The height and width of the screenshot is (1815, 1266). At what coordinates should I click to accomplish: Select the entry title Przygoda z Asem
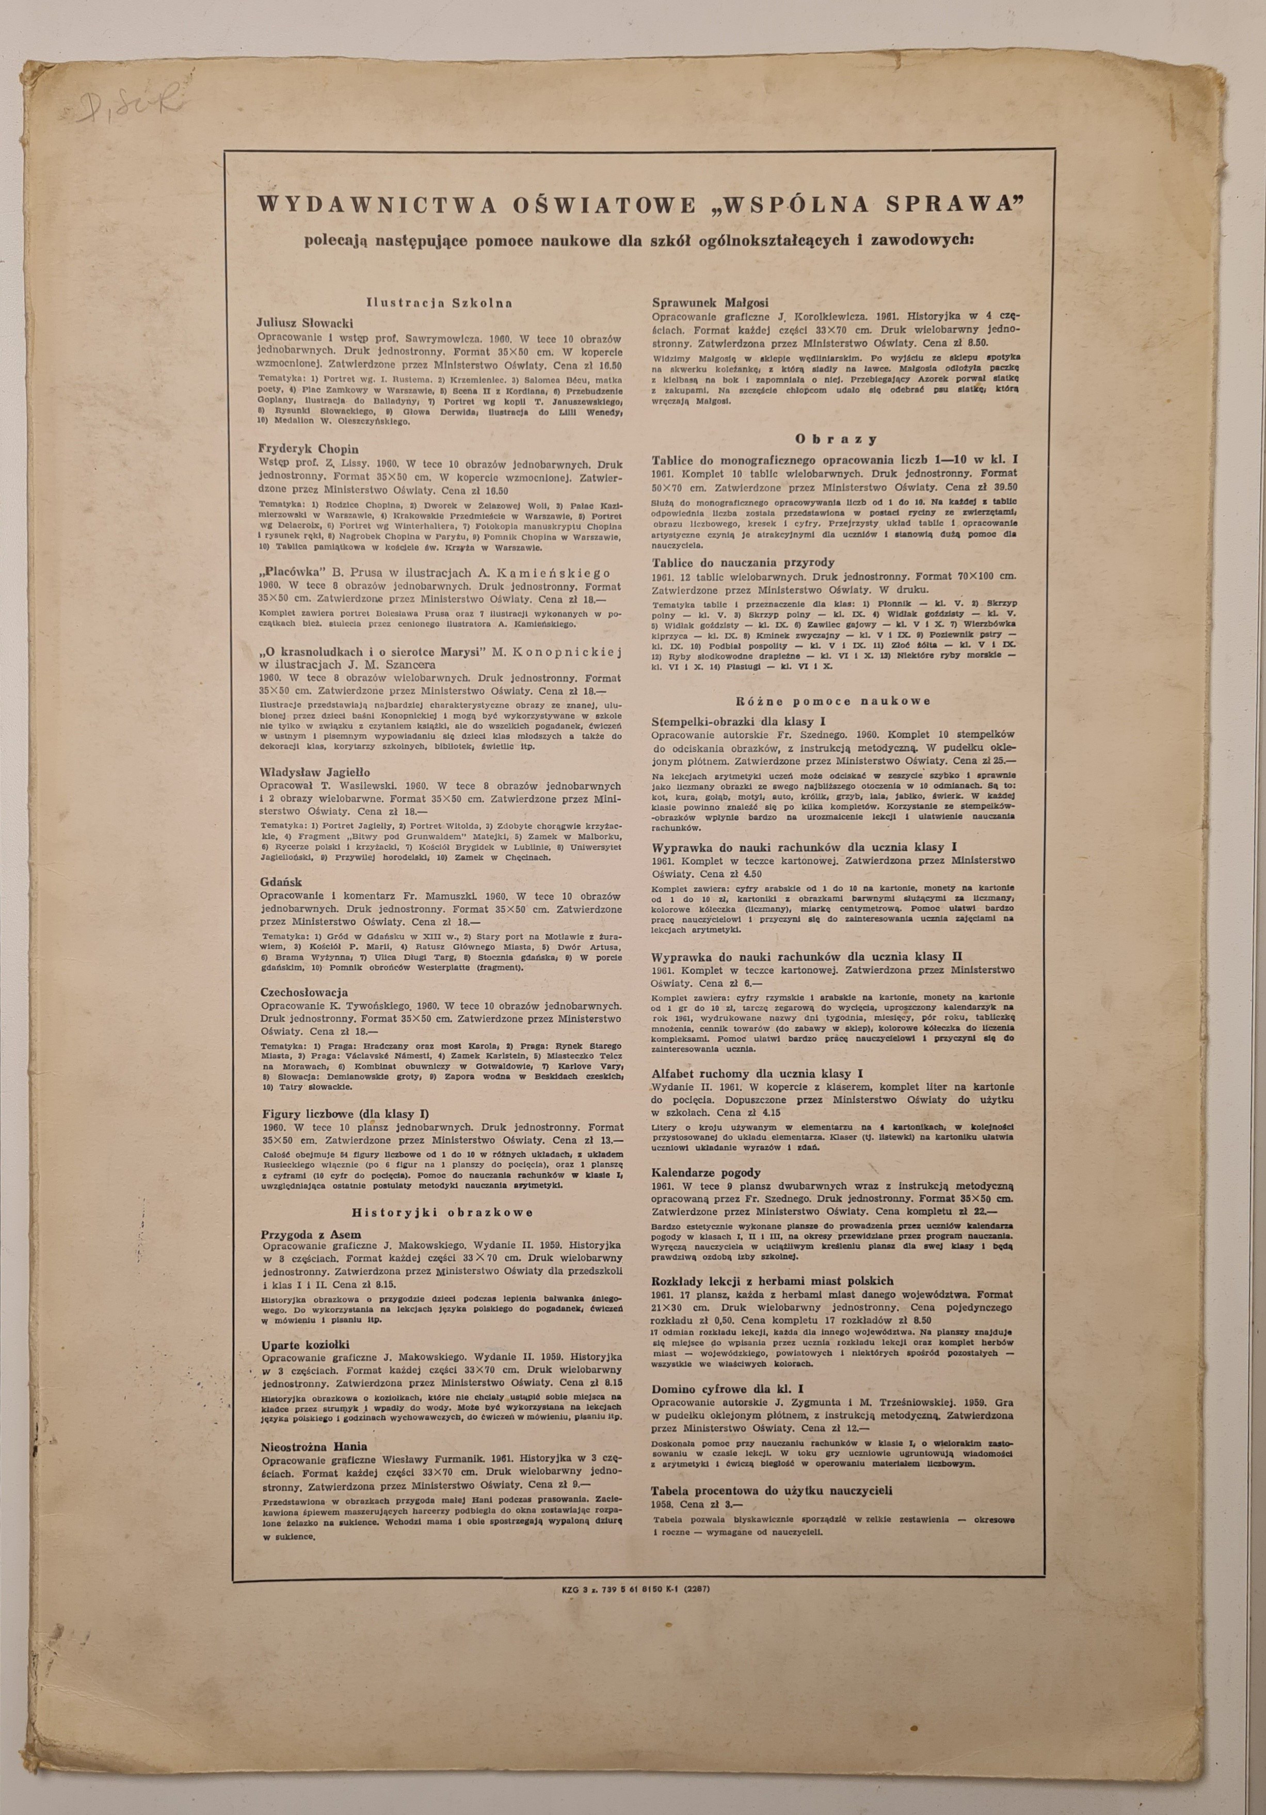[x=311, y=1233]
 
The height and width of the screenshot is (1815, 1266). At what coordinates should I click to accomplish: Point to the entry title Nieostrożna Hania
[x=314, y=1444]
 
